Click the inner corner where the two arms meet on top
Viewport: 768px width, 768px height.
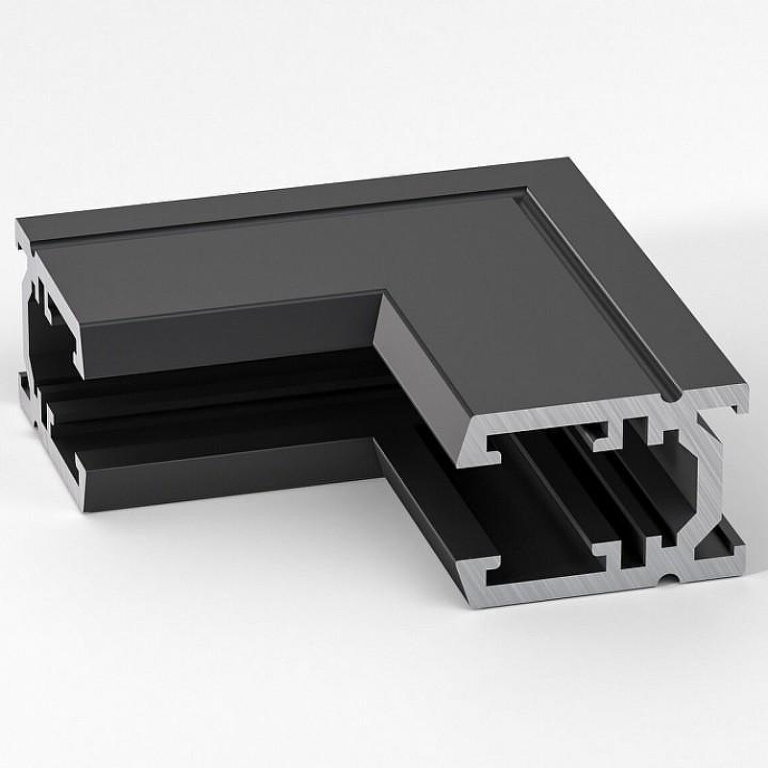[386, 295]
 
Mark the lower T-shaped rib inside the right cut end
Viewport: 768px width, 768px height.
[615, 552]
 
